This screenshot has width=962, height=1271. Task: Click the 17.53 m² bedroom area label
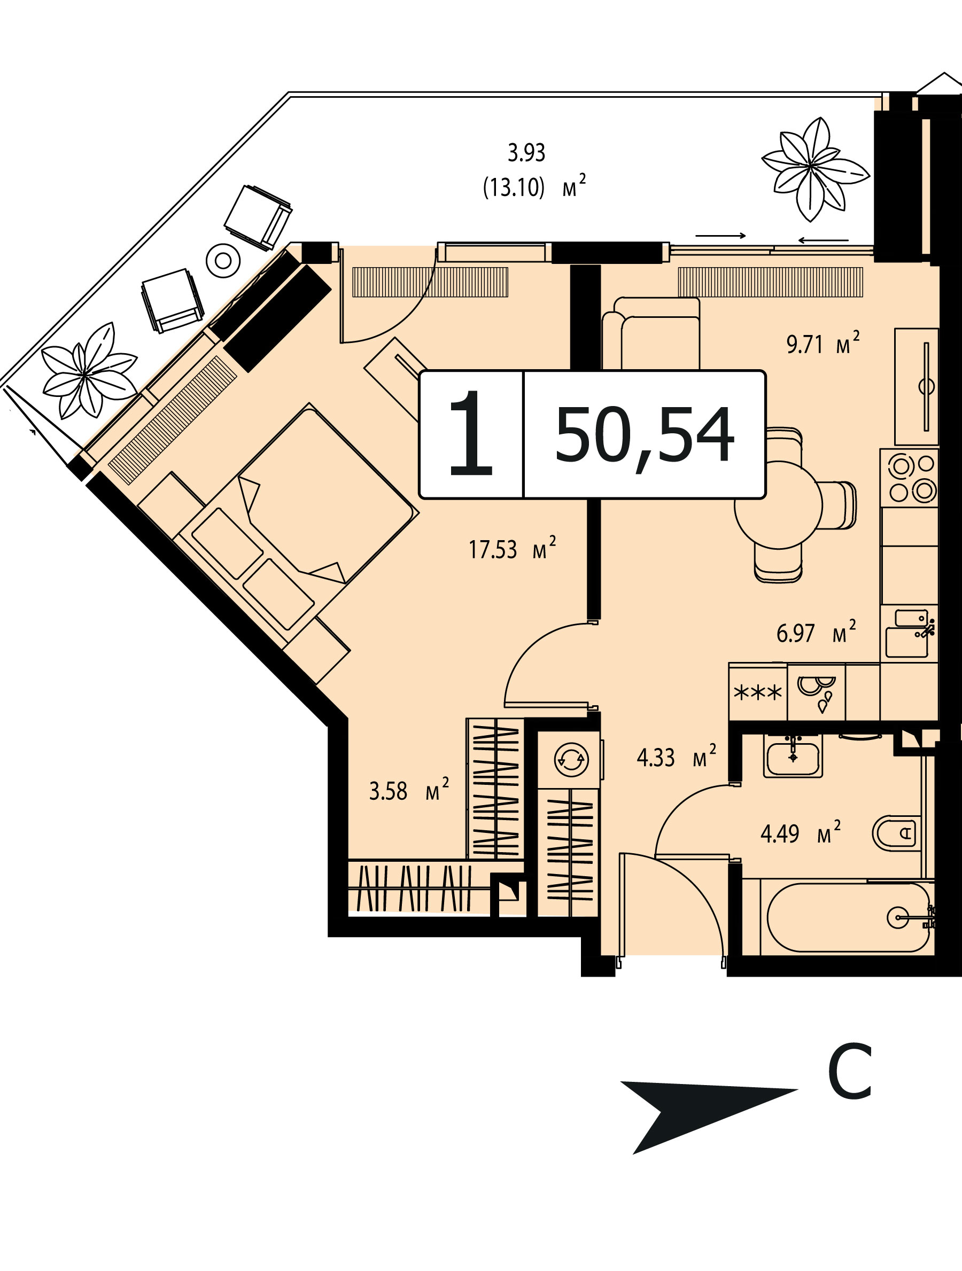[512, 549]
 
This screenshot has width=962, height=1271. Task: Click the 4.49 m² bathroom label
[801, 832]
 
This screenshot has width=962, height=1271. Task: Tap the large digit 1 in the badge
[472, 433]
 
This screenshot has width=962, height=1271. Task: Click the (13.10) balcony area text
[513, 188]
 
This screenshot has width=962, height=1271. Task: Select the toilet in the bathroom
[894, 832]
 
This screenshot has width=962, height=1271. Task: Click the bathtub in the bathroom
[847, 918]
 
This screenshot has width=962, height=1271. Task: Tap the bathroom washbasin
[793, 755]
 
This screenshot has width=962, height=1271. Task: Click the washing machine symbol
[570, 760]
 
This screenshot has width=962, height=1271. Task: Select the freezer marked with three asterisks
[758, 692]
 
